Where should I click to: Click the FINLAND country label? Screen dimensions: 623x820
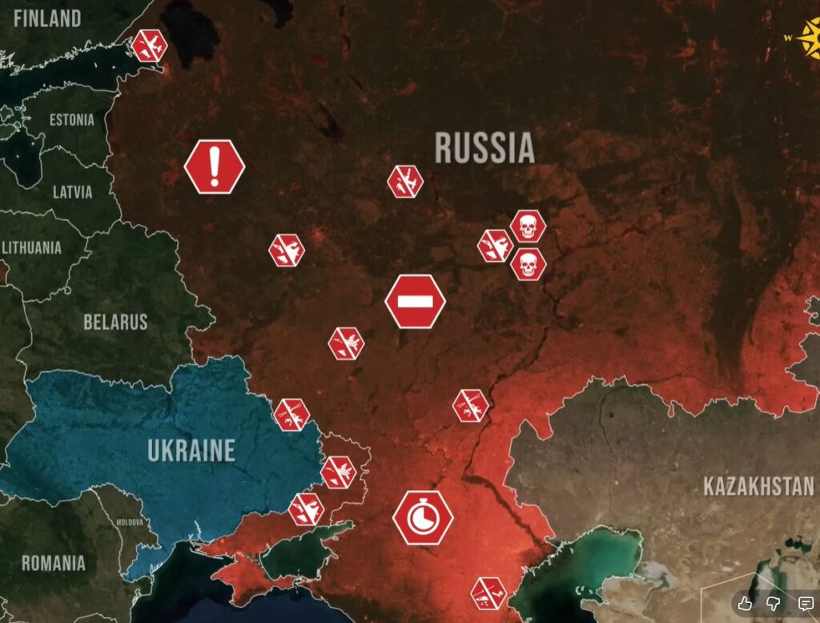click(46, 18)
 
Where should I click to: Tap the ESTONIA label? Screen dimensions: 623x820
click(71, 120)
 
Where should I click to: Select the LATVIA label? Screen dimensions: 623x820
click(72, 192)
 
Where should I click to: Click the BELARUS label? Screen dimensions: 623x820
click(115, 322)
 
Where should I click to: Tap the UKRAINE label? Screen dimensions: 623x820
click(191, 450)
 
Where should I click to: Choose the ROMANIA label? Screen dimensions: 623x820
click(53, 563)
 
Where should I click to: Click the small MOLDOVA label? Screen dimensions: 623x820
click(130, 522)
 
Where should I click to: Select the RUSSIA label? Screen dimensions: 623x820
click(484, 148)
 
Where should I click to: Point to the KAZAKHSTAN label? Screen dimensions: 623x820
click(758, 486)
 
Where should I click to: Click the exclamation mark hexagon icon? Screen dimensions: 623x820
click(214, 167)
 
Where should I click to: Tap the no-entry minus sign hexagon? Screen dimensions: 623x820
click(415, 301)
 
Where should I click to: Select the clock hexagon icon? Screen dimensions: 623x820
click(422, 517)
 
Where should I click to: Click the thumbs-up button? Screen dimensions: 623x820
click(745, 603)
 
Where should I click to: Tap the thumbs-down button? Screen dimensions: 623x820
click(774, 603)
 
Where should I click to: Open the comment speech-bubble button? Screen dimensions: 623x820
click(805, 603)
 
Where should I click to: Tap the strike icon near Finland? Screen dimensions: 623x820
click(149, 46)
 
